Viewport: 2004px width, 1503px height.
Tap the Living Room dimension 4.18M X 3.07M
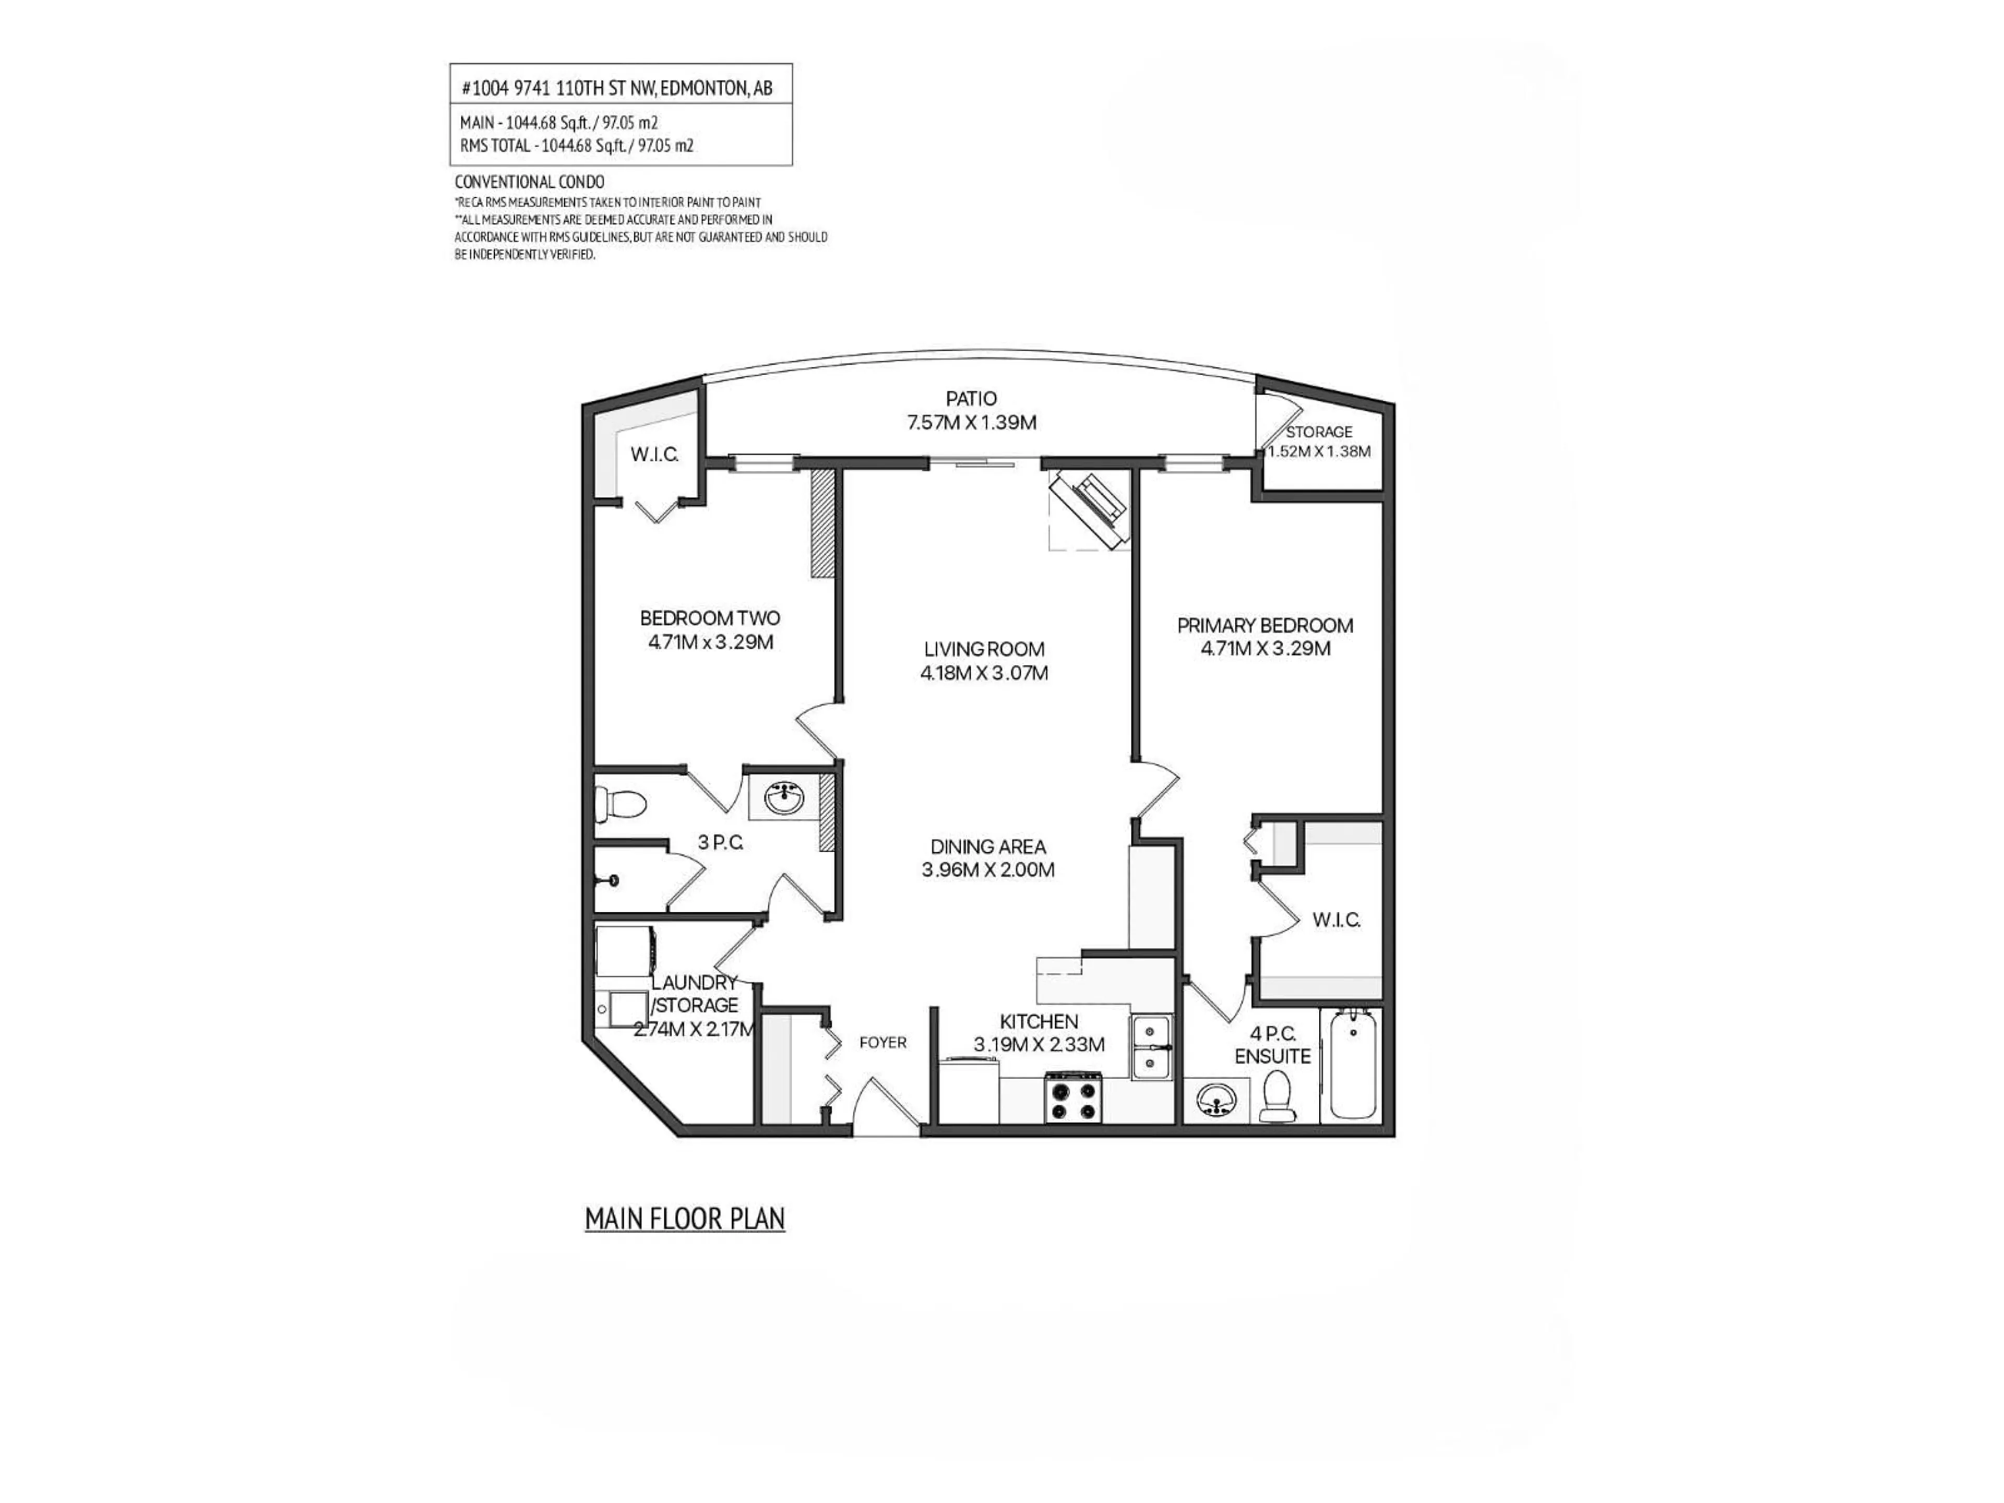(984, 673)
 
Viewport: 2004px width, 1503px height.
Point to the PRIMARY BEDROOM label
(1265, 625)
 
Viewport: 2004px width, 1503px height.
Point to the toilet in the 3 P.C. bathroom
(621, 803)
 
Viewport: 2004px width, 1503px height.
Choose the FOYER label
(882, 1043)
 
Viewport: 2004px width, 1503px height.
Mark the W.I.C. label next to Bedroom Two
(654, 455)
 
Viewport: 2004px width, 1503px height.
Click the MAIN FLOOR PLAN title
(684, 1220)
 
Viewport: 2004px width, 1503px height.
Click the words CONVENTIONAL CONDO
(529, 182)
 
